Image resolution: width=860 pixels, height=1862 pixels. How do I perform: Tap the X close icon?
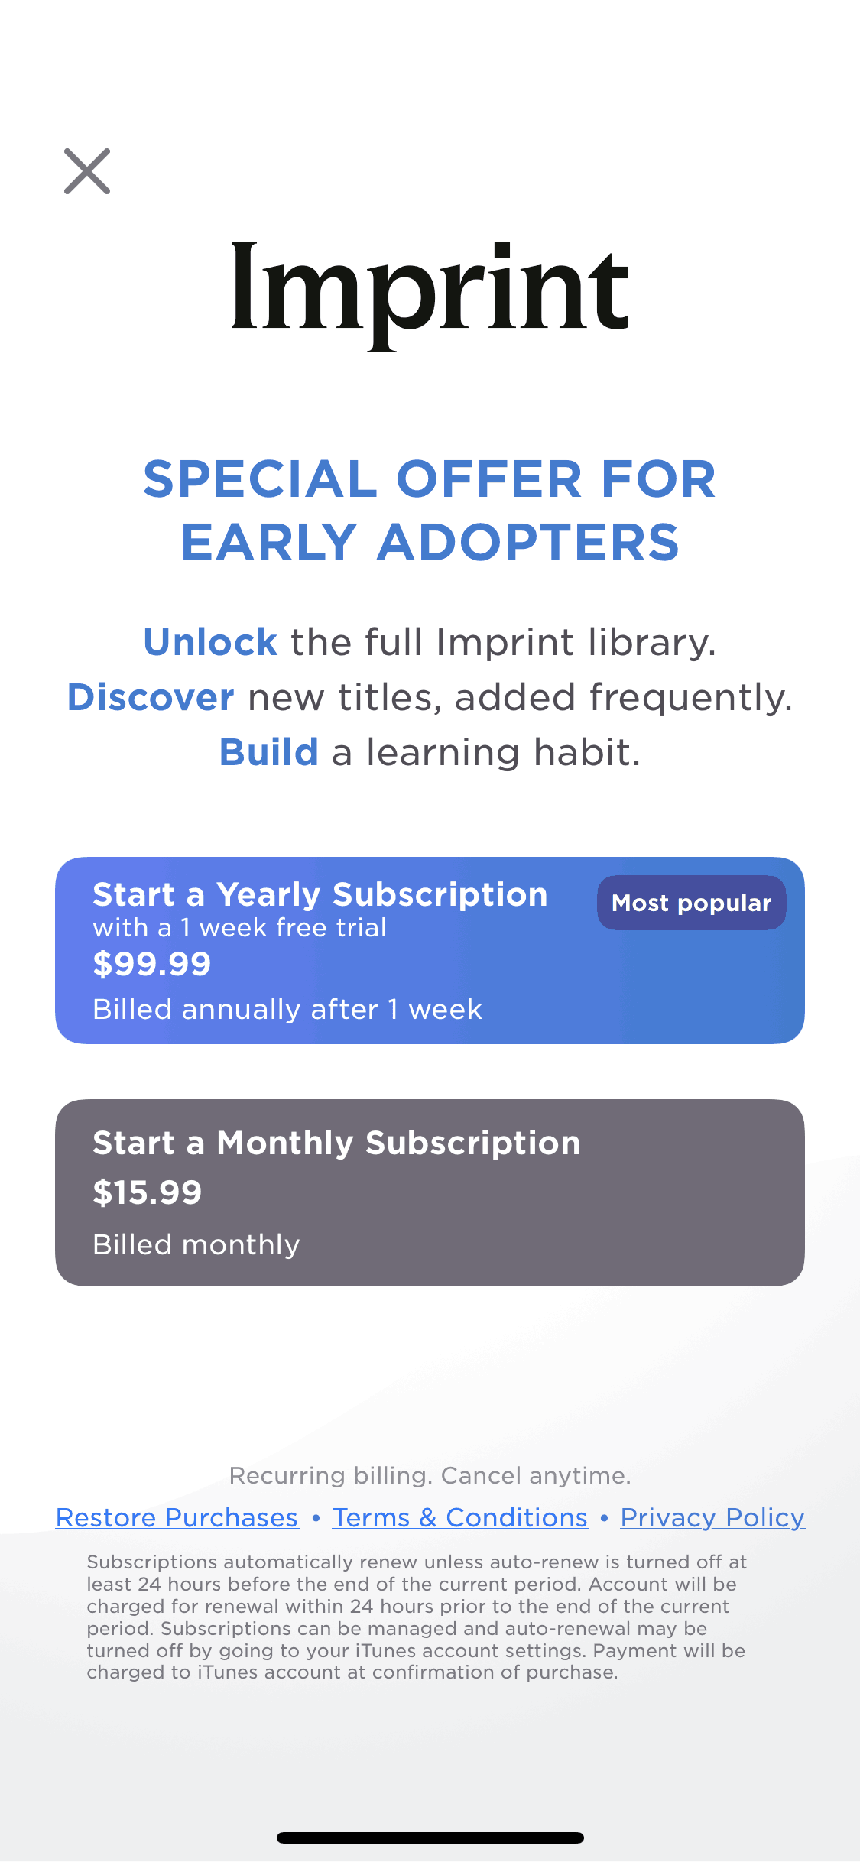pyautogui.click(x=87, y=171)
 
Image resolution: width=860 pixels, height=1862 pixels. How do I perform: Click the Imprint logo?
pyautogui.click(x=430, y=294)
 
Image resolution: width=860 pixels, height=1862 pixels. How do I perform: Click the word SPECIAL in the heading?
pyautogui.click(x=261, y=479)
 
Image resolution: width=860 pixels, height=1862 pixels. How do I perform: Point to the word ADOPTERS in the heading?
pyautogui.click(x=527, y=543)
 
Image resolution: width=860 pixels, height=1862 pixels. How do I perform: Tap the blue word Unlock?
pyautogui.click(x=210, y=642)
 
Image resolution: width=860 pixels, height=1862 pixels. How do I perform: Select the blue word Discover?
pyautogui.click(x=151, y=697)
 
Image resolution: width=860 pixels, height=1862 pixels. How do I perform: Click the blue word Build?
pyautogui.click(x=269, y=752)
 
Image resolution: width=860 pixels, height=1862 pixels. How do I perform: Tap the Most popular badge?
pyautogui.click(x=692, y=903)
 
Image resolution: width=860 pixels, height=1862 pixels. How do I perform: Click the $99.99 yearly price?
pyautogui.click(x=151, y=964)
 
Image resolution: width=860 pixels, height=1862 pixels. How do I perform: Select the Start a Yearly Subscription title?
pyautogui.click(x=320, y=894)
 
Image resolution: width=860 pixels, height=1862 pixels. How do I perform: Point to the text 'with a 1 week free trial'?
pyautogui.click(x=239, y=928)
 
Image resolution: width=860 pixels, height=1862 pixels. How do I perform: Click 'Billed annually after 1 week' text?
pyautogui.click(x=287, y=1010)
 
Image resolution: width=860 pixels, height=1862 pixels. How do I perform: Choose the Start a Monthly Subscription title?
pyautogui.click(x=336, y=1143)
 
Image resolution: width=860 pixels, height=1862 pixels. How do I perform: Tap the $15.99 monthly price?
pyautogui.click(x=147, y=1192)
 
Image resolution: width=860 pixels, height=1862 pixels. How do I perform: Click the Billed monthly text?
pyautogui.click(x=196, y=1245)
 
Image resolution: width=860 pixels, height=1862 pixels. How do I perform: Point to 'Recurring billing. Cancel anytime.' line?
pyautogui.click(x=430, y=1475)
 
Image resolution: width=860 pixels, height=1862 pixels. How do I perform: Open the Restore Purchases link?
pyautogui.click(x=177, y=1517)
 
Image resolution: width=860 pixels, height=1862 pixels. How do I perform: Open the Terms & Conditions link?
pyautogui.click(x=460, y=1517)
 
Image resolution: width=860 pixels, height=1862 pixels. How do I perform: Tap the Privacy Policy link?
pyautogui.click(x=712, y=1517)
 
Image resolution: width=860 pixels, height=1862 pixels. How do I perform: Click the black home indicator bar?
pyautogui.click(x=430, y=1838)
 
